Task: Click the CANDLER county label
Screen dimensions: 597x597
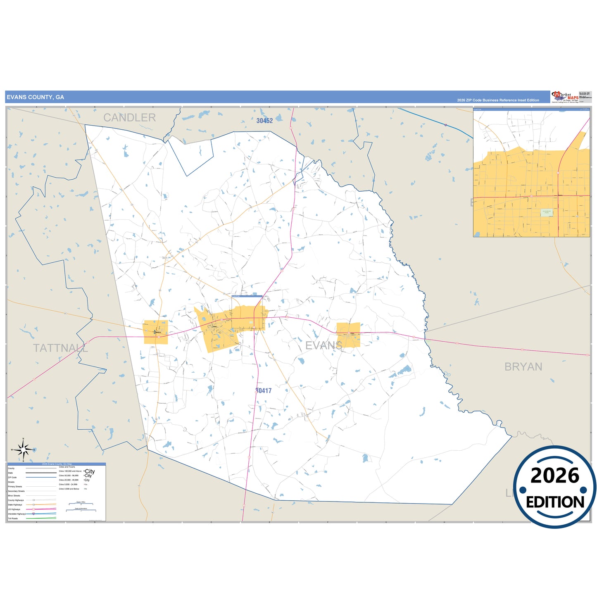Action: [x=129, y=118]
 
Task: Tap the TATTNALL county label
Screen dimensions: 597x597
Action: [x=60, y=348]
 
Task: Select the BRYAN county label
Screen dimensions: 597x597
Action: [x=523, y=367]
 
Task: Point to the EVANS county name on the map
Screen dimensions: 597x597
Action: [x=323, y=345]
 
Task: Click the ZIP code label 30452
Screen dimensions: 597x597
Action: [x=264, y=121]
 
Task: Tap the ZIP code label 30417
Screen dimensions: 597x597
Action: [x=264, y=390]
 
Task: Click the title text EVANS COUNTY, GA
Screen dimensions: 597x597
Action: [x=36, y=97]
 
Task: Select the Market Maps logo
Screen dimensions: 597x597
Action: [x=565, y=97]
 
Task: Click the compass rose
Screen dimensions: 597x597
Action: [x=24, y=449]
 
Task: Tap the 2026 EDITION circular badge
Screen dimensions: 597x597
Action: [x=554, y=488]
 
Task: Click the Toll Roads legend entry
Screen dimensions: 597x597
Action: [x=13, y=518]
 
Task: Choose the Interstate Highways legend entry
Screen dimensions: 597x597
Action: [x=17, y=514]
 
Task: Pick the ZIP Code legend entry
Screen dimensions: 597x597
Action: [x=12, y=477]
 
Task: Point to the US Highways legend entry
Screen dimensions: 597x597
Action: [x=14, y=509]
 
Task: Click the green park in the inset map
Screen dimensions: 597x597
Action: [x=546, y=212]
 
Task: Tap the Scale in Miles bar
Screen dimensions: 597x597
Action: [x=81, y=504]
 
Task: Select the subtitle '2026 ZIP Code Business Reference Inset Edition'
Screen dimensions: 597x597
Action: [x=498, y=100]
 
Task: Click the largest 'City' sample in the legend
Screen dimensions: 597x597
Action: [x=90, y=471]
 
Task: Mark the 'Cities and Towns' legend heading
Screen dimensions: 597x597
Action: [x=64, y=467]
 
